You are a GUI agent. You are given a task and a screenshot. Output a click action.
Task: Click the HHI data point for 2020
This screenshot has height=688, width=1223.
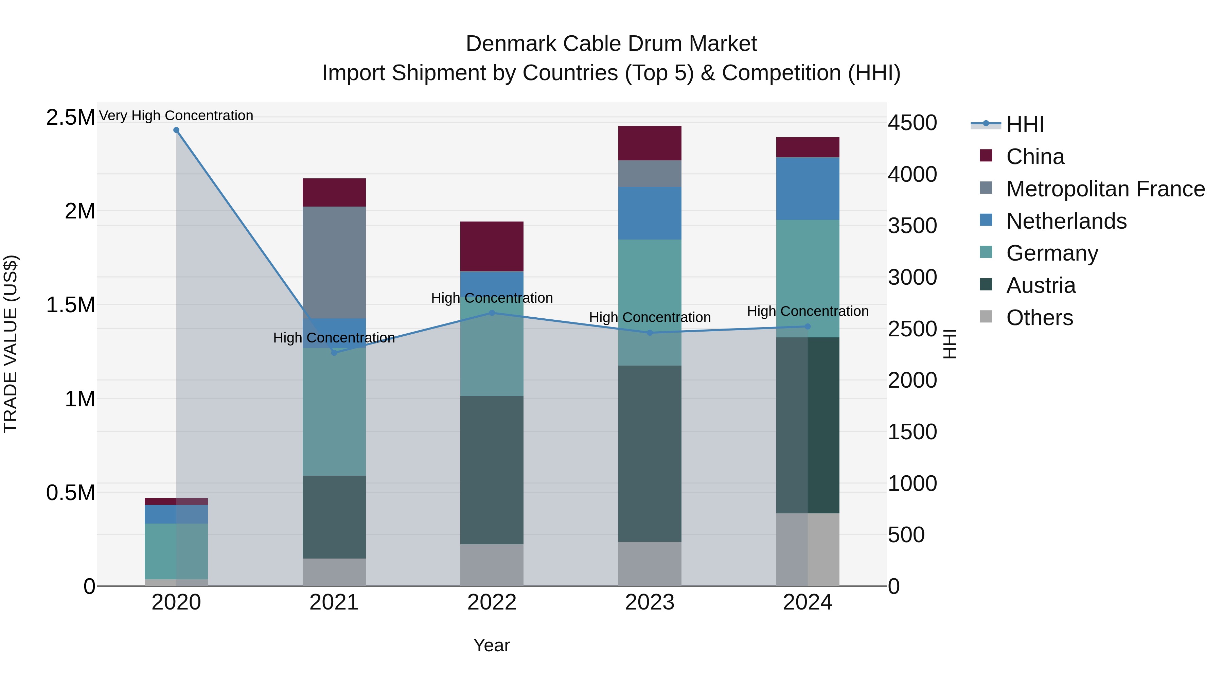[176, 130]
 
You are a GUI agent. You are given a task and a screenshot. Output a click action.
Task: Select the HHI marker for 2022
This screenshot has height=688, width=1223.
[492, 313]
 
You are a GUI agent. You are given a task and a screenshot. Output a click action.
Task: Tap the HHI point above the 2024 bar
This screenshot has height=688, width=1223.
[808, 327]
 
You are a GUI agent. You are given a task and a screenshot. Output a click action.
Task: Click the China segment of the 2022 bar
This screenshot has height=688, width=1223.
[492, 246]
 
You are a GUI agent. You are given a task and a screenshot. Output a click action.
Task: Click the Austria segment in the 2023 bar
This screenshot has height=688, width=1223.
[650, 454]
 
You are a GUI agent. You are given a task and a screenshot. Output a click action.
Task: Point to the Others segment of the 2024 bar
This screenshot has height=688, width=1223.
[808, 549]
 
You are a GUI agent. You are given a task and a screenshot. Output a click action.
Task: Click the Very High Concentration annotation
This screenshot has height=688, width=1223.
[176, 116]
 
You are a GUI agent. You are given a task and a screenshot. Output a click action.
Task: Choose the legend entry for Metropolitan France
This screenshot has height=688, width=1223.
[1105, 189]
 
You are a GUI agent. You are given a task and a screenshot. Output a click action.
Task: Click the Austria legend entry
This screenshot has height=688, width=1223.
[1041, 285]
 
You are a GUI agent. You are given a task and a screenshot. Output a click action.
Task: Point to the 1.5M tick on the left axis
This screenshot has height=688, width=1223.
[70, 305]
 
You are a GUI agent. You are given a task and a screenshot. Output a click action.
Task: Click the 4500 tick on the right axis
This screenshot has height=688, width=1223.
[912, 123]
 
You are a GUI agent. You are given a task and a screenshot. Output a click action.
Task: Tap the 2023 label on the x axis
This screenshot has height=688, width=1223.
[650, 602]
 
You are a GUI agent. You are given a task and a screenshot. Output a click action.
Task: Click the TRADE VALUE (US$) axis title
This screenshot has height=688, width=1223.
[11, 344]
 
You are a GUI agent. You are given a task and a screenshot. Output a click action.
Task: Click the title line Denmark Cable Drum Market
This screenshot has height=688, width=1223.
[611, 44]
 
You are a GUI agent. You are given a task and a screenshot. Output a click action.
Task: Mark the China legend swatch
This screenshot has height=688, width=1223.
[986, 156]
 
